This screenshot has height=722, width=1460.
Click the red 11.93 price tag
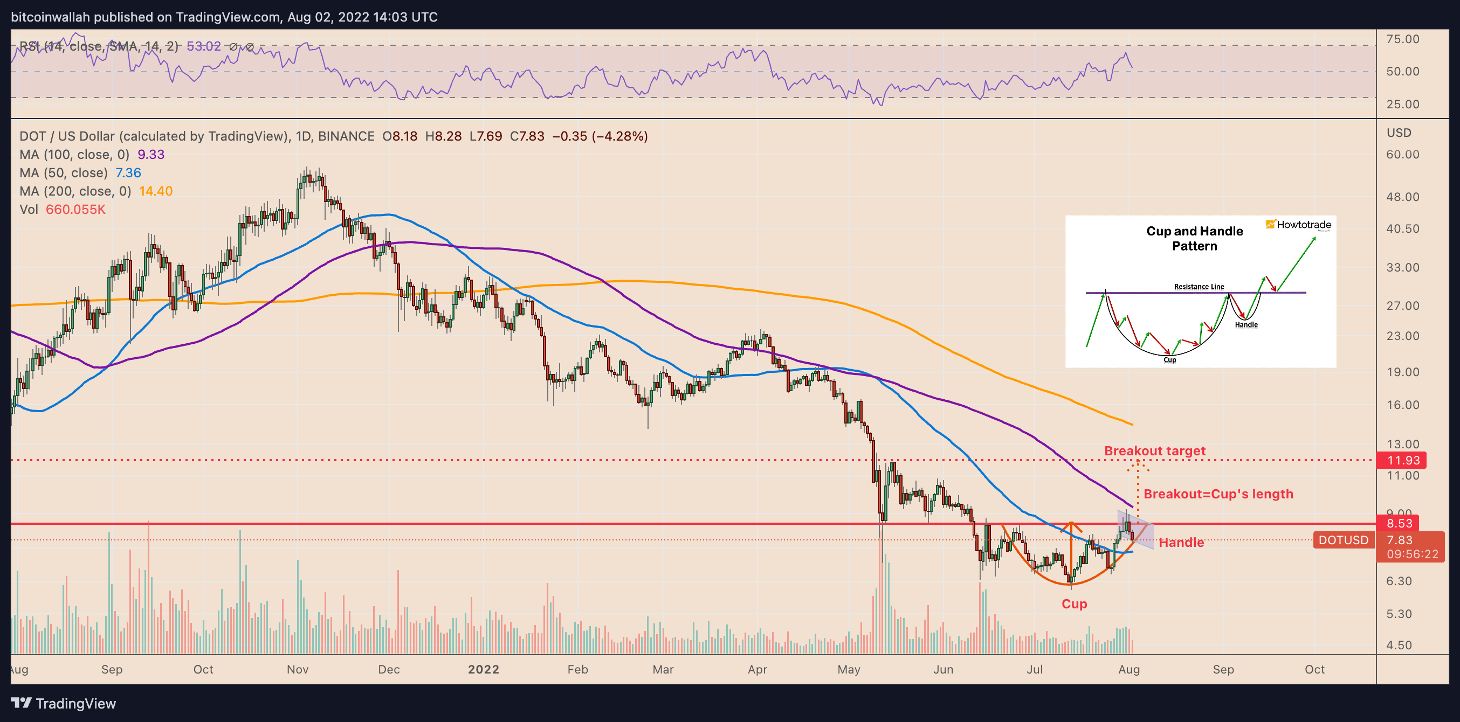point(1402,460)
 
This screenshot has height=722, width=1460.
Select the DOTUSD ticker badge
point(1342,540)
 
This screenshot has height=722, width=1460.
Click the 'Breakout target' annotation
point(1154,451)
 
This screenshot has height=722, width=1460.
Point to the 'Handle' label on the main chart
point(1181,543)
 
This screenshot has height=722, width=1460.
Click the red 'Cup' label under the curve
point(1074,603)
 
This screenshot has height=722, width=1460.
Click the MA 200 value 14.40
point(156,191)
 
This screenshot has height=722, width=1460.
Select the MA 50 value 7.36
point(128,173)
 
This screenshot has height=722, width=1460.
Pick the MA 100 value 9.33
point(151,155)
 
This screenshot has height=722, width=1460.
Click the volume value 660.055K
point(75,210)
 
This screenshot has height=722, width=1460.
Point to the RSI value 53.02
point(203,46)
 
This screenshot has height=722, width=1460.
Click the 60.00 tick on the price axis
point(1402,155)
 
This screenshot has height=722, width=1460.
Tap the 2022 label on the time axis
point(484,669)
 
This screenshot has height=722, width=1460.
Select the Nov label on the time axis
point(298,669)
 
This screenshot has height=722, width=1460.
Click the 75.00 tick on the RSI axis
point(1402,39)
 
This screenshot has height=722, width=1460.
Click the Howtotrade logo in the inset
point(1298,225)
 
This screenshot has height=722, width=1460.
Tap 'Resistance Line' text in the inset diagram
point(1199,287)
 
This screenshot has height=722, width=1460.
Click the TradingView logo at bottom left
point(64,703)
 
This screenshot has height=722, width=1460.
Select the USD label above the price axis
point(1399,133)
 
